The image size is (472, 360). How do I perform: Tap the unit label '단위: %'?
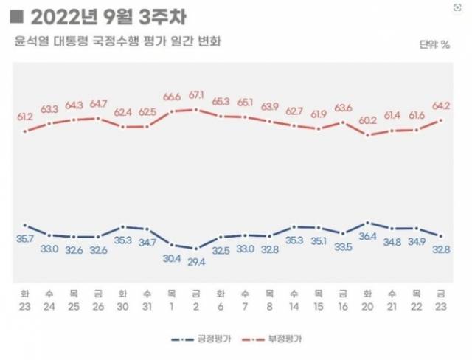435,46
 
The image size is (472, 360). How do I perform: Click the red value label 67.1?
196,95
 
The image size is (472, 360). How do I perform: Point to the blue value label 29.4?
196,262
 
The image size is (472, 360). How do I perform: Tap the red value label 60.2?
367,120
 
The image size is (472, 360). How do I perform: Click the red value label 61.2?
26,117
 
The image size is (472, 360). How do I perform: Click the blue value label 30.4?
172,257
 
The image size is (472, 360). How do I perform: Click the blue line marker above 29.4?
196,249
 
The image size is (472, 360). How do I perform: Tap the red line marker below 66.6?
172,111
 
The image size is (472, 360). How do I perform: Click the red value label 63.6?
343,108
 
